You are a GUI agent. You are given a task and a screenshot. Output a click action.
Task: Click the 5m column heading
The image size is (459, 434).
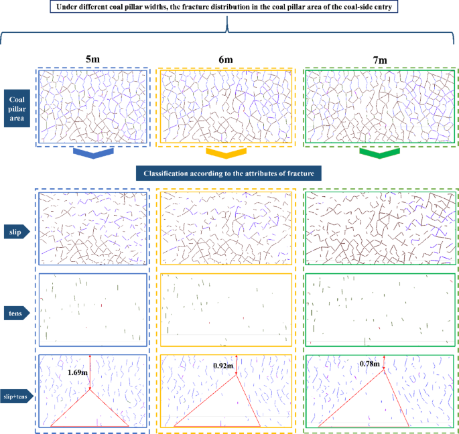pyautogui.click(x=93, y=60)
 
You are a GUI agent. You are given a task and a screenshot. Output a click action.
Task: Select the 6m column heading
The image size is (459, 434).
pyautogui.click(x=226, y=60)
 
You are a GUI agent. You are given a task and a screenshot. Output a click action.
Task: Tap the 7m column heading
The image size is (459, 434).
pyautogui.click(x=379, y=60)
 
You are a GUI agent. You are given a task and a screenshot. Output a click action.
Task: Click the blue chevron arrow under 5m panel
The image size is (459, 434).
pyautogui.click(x=92, y=154)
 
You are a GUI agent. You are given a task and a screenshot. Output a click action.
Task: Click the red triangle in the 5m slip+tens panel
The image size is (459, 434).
pyautogui.click(x=90, y=410)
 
